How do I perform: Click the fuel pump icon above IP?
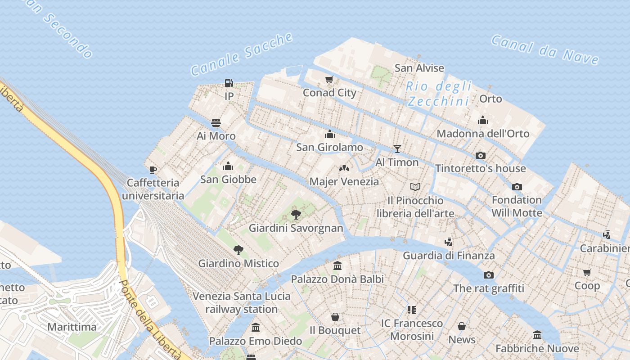click(229, 83)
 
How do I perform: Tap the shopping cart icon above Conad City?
click(329, 80)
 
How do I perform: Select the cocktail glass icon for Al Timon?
click(397, 148)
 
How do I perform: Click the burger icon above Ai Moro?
click(216, 123)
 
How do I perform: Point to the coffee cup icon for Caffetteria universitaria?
click(153, 170)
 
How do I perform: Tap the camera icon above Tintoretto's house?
click(481, 155)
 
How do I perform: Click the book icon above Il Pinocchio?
click(415, 187)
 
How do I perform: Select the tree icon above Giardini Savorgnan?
click(296, 214)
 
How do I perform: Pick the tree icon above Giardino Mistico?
click(238, 250)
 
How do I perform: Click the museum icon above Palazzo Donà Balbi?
click(337, 265)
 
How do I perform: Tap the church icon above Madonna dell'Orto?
click(483, 120)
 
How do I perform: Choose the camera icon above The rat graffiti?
click(488, 275)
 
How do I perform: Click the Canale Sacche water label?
click(242, 54)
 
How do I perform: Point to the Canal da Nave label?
click(544, 50)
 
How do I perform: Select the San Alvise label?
click(419, 68)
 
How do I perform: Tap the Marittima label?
click(72, 327)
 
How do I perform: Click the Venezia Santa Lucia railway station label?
click(242, 302)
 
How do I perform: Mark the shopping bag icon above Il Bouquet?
click(335, 317)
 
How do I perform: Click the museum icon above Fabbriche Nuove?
click(537, 335)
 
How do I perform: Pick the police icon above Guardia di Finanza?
click(448, 242)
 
